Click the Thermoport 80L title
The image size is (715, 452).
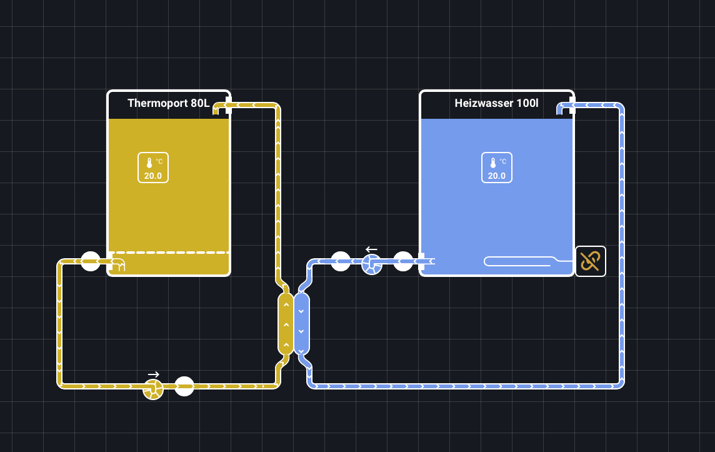tap(168, 103)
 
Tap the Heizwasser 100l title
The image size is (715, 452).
tap(496, 103)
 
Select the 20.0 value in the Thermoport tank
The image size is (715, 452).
tap(153, 176)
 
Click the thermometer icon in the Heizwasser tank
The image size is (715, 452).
tap(492, 163)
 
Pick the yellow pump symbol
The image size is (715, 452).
tap(153, 389)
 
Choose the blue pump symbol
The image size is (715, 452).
tap(372, 264)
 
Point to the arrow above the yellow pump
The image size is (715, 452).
tap(153, 374)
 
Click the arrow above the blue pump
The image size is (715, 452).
tap(371, 249)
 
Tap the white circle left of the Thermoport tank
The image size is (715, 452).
tap(91, 261)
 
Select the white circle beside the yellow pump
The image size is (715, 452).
tap(184, 386)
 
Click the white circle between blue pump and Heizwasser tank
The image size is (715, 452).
tap(403, 261)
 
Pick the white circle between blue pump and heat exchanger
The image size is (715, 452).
tap(341, 261)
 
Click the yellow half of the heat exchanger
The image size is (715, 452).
tap(286, 323)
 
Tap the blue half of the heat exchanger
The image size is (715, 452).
tap(301, 323)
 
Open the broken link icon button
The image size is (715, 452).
tap(591, 261)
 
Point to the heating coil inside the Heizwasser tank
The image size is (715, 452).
tap(519, 261)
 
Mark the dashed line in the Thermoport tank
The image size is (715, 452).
tap(169, 253)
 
